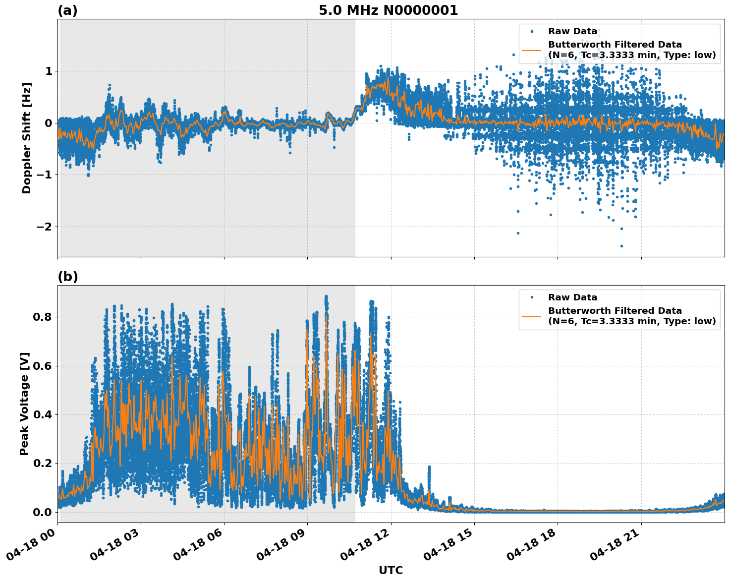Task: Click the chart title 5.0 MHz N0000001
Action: (x=388, y=10)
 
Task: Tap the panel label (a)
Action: (x=67, y=10)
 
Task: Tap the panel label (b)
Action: (x=67, y=277)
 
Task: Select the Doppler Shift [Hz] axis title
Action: (x=27, y=138)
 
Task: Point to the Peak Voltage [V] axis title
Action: (x=24, y=404)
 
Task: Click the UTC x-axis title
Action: (x=391, y=570)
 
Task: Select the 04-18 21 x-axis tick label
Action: (x=615, y=549)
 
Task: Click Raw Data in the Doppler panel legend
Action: (x=572, y=31)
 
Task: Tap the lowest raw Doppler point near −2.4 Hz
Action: (x=621, y=246)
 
